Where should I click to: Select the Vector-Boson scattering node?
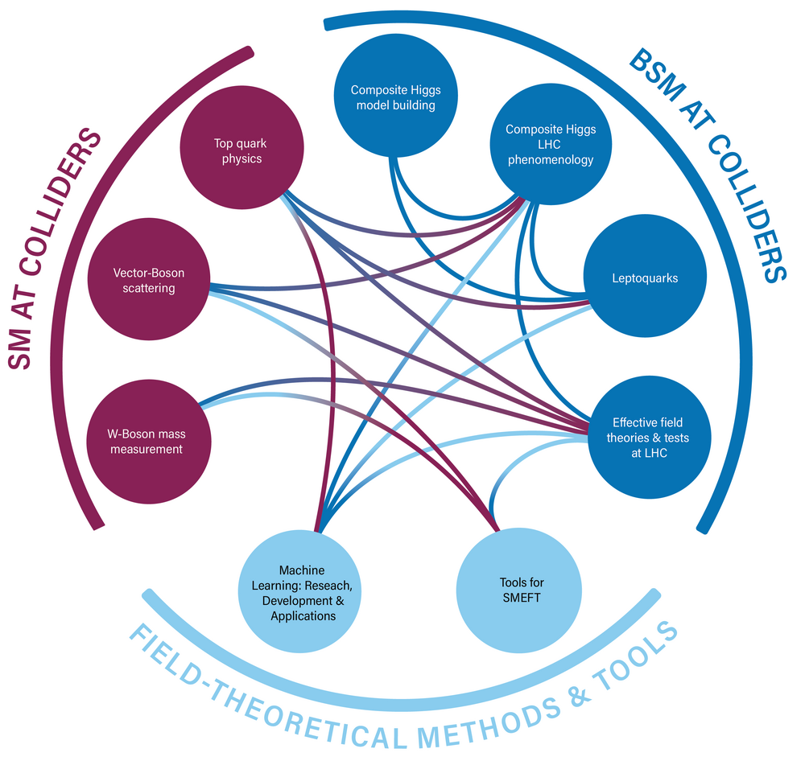147,281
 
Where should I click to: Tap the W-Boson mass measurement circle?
147,442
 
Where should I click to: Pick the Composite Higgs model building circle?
394,97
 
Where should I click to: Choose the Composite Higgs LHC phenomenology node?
551,144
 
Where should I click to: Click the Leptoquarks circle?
644,278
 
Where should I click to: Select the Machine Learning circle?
301,592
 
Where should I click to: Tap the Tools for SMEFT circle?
517,590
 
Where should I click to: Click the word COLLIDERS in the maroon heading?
68,209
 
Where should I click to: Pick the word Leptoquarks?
644,278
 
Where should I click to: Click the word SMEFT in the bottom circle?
518,599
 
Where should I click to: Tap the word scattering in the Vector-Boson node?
148,288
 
